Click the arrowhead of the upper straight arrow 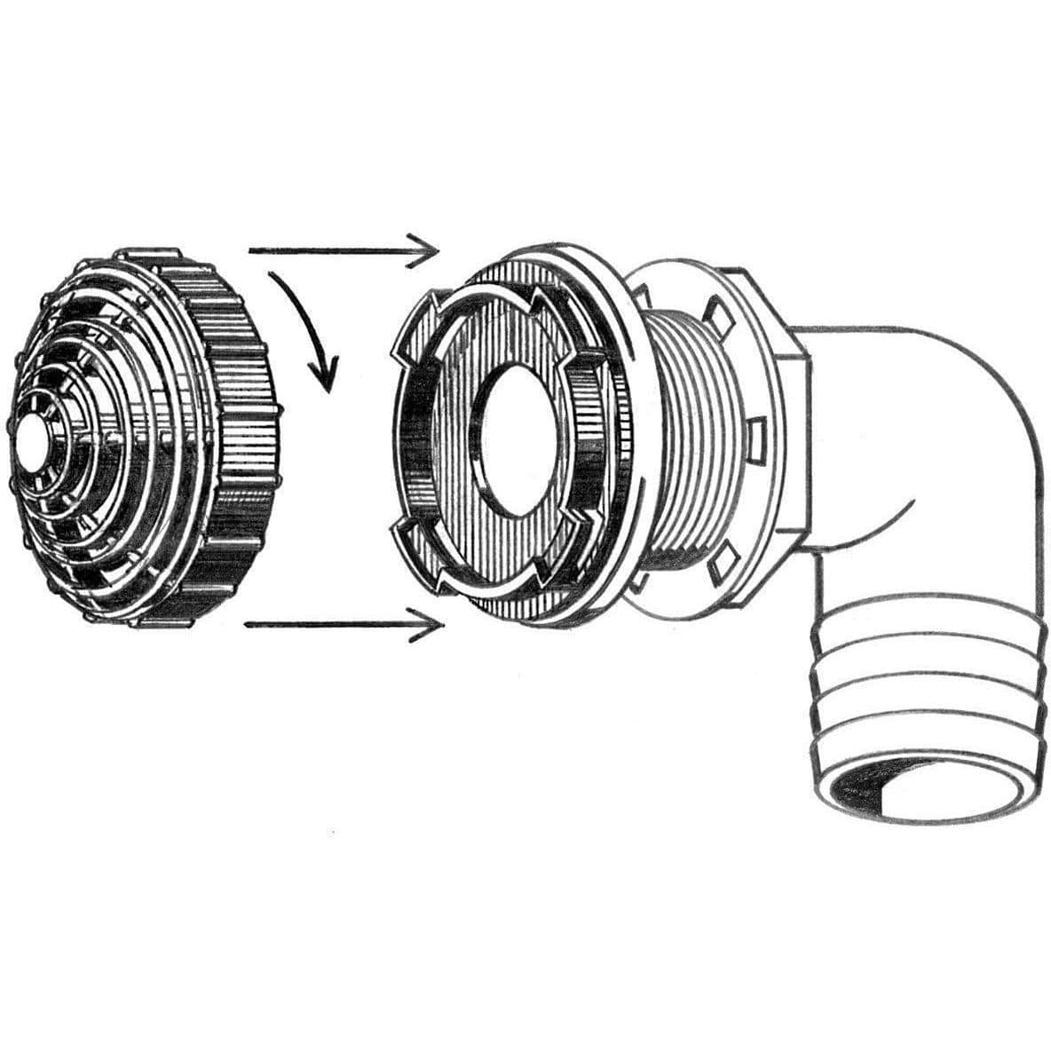point(429,251)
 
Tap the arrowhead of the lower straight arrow point(431,627)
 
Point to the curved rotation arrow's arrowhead point(327,376)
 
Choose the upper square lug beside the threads point(715,313)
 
